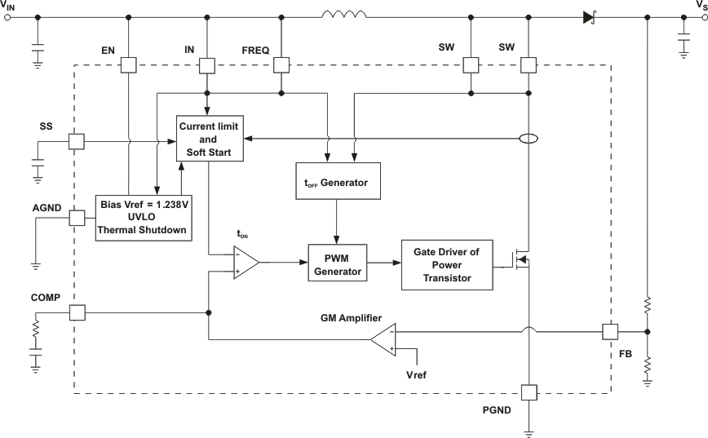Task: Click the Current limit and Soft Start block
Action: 210,138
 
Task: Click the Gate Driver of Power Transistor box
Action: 446,264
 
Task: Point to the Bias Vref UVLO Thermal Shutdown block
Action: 144,216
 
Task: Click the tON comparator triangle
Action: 245,263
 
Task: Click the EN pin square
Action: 129,64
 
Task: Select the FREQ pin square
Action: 281,64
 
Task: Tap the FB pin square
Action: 610,332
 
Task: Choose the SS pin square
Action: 76,140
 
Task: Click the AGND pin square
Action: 76,219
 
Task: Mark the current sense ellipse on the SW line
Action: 529,139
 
